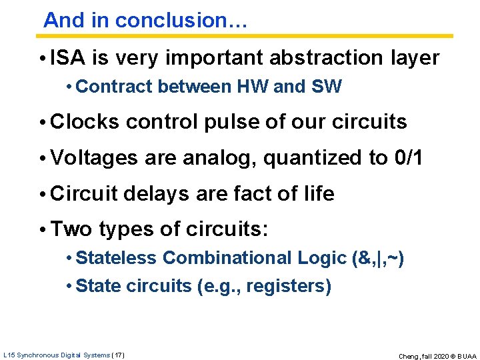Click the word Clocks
tap(85, 122)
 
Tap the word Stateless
tap(117, 258)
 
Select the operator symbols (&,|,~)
tap(377, 258)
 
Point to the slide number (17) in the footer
tap(118, 355)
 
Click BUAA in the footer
tap(465, 356)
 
